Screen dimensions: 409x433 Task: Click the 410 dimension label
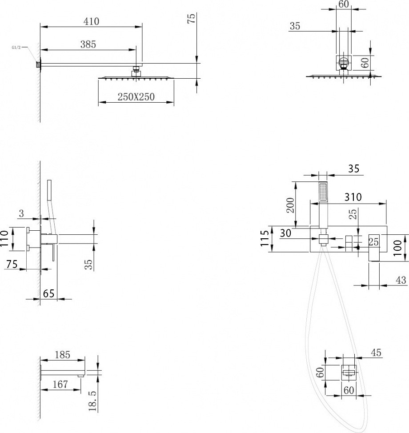click(x=91, y=21)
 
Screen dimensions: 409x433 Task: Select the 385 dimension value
click(x=88, y=44)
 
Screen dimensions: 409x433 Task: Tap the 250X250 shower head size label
click(x=136, y=96)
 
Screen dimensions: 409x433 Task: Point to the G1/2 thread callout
click(x=16, y=48)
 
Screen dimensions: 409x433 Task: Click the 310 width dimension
click(x=353, y=197)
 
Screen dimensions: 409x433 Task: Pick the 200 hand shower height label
click(x=290, y=205)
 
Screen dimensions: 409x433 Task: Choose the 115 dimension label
click(x=264, y=238)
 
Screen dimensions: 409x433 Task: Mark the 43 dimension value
click(x=401, y=280)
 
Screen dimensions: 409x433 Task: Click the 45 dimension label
click(x=376, y=353)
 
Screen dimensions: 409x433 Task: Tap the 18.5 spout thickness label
click(x=92, y=401)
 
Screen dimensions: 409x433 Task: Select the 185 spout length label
click(x=62, y=355)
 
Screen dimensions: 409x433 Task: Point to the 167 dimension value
click(x=60, y=384)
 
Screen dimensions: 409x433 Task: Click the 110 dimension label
click(x=4, y=239)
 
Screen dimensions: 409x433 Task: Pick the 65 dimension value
click(x=48, y=293)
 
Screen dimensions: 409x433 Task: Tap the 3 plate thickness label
click(x=21, y=213)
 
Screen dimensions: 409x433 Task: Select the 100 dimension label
click(x=398, y=248)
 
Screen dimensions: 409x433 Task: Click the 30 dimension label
click(x=285, y=233)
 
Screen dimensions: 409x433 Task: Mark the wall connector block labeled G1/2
click(x=38, y=64)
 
